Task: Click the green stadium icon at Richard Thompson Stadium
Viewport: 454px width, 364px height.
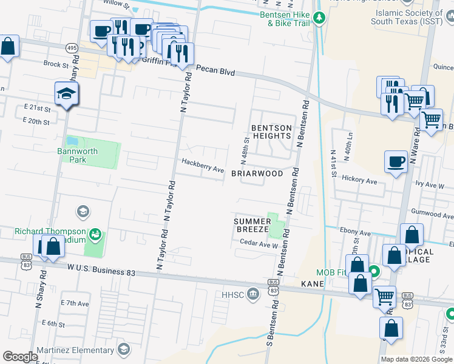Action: coord(95,234)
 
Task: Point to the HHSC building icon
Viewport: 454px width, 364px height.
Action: coord(254,295)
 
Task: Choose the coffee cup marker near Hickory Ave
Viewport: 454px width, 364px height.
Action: coord(396,162)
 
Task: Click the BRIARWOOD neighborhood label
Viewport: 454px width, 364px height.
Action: coord(257,174)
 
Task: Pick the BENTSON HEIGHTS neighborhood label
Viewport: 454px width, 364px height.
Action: coord(271,132)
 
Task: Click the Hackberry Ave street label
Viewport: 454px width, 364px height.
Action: coord(203,164)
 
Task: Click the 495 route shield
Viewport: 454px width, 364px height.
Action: coord(72,47)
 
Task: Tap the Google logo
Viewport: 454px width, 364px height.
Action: coord(20,357)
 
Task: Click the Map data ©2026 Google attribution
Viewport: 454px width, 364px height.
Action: coord(416,359)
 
